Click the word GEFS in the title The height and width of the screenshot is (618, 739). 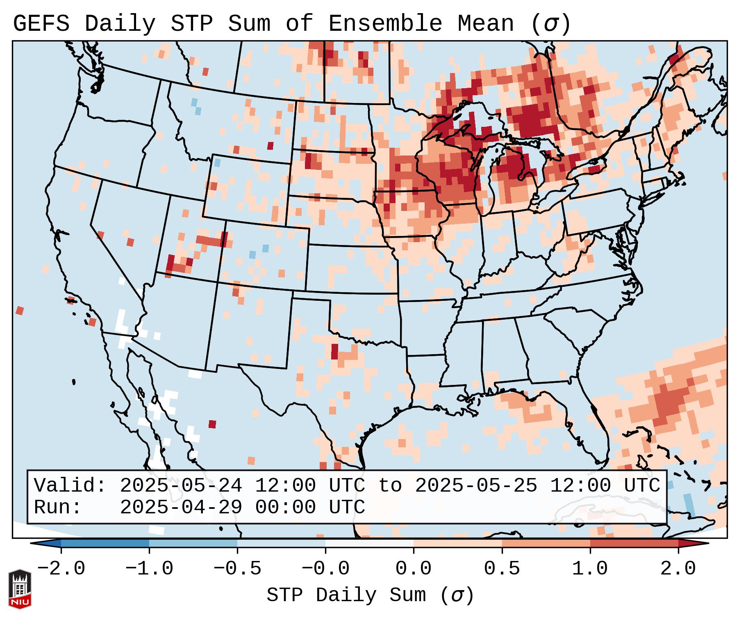[x=41, y=24]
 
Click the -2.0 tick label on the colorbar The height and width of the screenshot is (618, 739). [x=61, y=569]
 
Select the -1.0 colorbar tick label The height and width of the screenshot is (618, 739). [x=149, y=569]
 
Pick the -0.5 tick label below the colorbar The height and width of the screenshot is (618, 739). [x=237, y=569]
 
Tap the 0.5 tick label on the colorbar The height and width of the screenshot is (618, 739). [x=502, y=569]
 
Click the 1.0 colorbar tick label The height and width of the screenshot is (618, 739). [x=590, y=569]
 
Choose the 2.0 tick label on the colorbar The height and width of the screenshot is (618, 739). [x=678, y=569]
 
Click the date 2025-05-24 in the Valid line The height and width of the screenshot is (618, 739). [x=181, y=486]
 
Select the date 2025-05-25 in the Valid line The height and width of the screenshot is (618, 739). [x=476, y=486]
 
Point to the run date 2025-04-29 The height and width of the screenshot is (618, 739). [x=181, y=507]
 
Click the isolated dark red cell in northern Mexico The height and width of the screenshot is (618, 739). [x=212, y=424]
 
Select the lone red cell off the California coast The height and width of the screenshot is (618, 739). [x=20, y=311]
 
